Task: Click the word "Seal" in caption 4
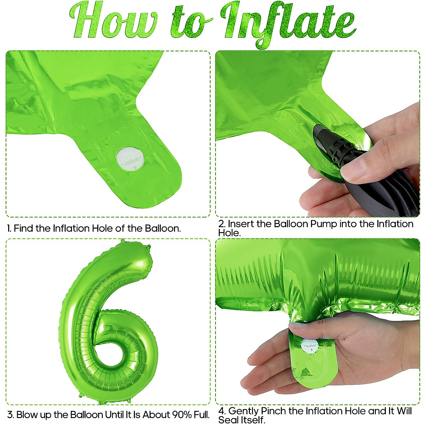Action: click(x=228, y=420)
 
